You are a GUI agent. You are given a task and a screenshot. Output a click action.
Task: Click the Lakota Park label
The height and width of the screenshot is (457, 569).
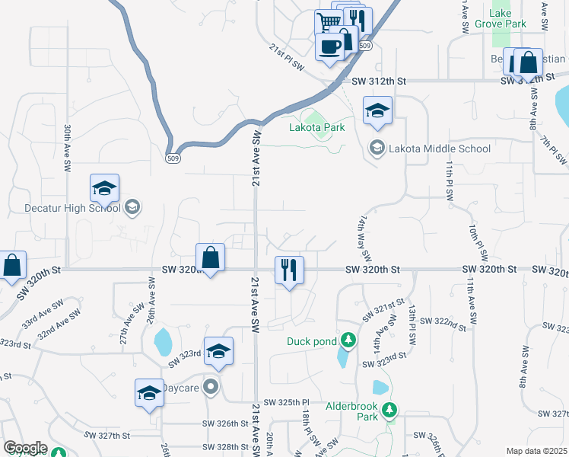[316, 128]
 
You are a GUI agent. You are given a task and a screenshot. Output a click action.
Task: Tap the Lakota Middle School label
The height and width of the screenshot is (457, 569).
[440, 149]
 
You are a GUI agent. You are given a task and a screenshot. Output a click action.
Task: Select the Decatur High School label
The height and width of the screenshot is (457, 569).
[62, 208]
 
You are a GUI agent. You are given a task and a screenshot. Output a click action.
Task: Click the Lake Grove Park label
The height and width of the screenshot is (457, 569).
[509, 19]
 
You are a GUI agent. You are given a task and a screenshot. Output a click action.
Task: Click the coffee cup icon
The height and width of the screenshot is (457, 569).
[330, 46]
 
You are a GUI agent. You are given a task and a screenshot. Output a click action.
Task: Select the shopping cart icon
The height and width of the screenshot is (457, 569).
[329, 21]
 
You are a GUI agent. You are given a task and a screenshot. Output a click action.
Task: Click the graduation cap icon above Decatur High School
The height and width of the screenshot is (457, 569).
[104, 187]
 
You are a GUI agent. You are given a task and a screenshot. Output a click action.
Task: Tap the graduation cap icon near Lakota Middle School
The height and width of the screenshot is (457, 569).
[377, 110]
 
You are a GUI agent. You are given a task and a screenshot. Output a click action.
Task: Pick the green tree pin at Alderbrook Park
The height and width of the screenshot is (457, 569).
[389, 411]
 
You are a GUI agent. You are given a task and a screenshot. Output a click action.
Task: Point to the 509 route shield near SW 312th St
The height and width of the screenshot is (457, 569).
[366, 46]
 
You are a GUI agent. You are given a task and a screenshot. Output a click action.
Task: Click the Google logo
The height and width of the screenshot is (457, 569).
[25, 448]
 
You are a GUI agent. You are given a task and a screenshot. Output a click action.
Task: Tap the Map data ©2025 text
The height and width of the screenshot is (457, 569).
[537, 451]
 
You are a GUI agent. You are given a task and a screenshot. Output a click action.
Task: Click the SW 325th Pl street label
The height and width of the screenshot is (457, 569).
[288, 402]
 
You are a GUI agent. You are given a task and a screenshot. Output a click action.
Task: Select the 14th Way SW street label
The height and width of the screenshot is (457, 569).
[364, 235]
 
